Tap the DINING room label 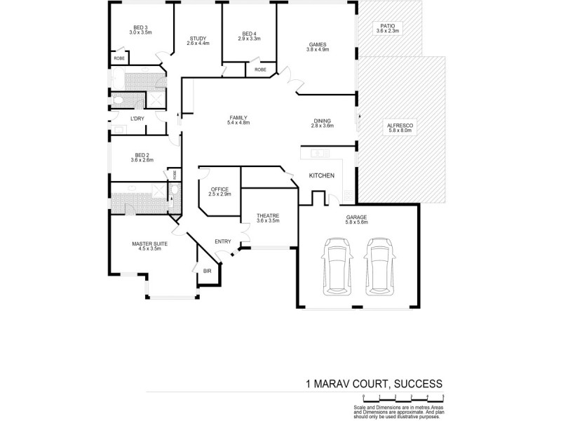click(x=323, y=123)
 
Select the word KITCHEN click(x=322, y=175)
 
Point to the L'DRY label click(x=137, y=119)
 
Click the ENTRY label click(x=223, y=242)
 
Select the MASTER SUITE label click(x=150, y=246)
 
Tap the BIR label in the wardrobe click(x=208, y=271)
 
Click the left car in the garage click(x=336, y=267)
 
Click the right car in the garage click(x=379, y=267)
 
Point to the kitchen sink click(x=320, y=152)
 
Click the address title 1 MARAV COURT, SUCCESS click(x=374, y=384)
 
